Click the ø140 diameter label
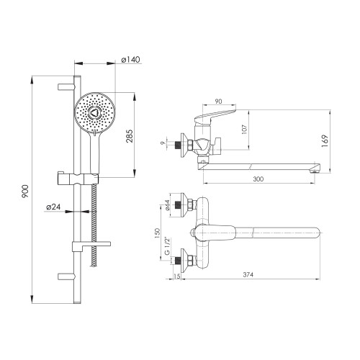point(130,59)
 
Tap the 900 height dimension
point(25,192)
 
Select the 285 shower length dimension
point(130,136)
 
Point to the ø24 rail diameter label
point(53,207)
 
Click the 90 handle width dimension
point(218,102)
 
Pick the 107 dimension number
point(245,129)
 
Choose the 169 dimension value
point(325,141)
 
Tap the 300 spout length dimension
point(258,179)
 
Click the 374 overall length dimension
point(248,274)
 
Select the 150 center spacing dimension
point(157,233)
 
